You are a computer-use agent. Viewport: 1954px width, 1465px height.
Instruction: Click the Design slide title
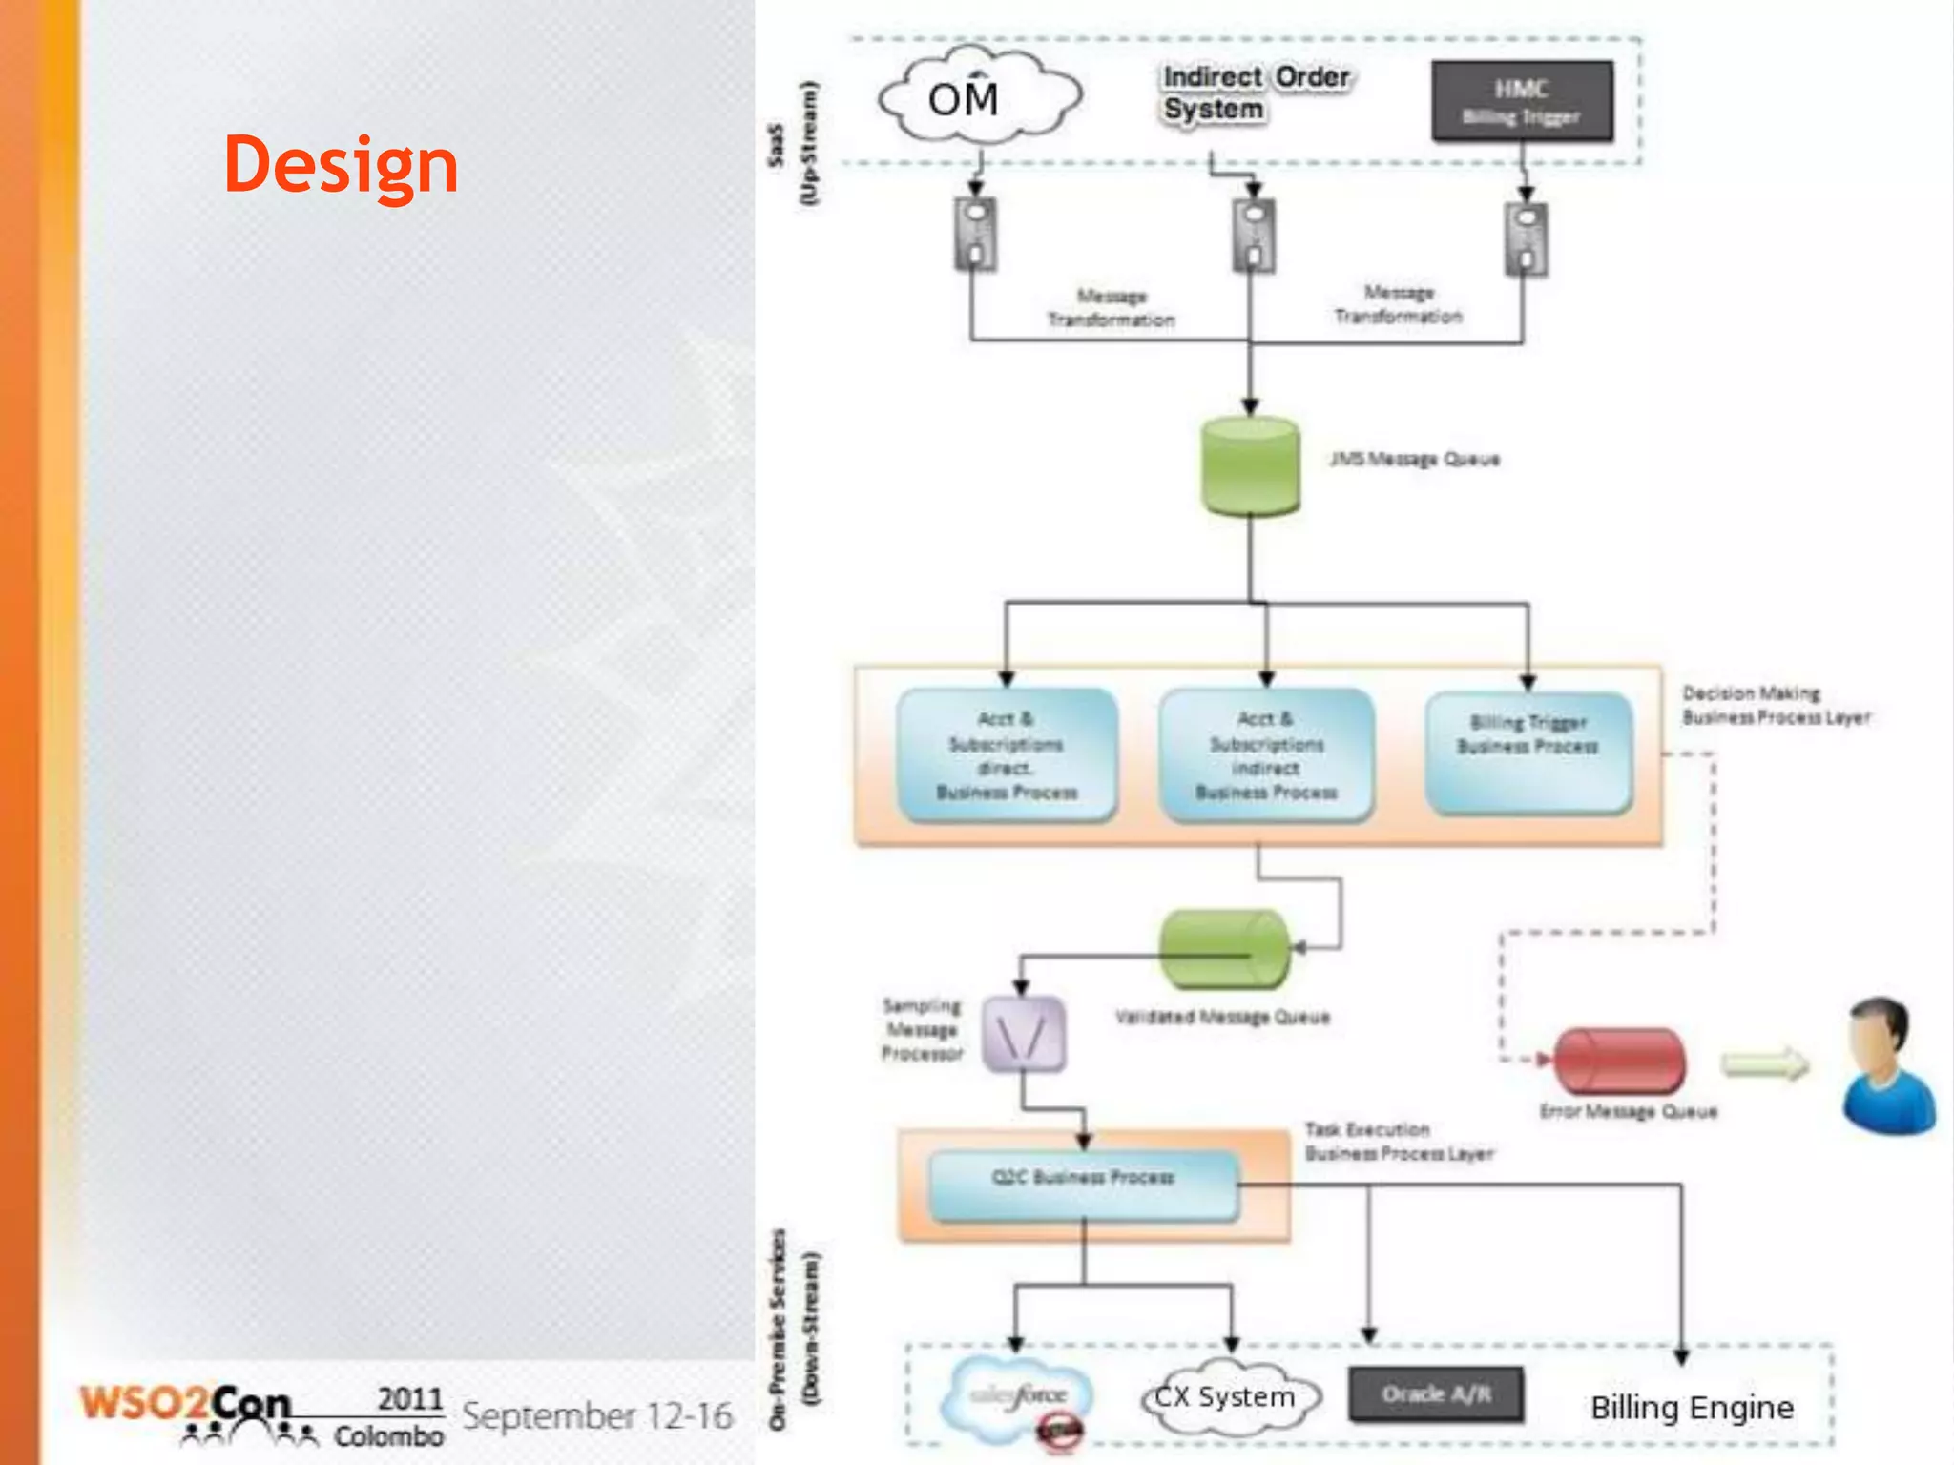[x=341, y=164]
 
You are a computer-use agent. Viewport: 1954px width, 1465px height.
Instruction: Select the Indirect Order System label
[x=1255, y=93]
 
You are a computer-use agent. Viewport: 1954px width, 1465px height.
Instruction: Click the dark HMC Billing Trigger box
[x=1522, y=101]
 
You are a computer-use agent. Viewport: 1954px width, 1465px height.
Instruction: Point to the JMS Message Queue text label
[x=1414, y=460]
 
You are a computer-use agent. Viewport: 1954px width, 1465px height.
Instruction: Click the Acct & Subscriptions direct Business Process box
[x=1007, y=754]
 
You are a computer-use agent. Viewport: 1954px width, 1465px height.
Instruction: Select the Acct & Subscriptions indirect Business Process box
[x=1266, y=754]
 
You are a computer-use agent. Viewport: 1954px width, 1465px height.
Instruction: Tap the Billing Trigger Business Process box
[x=1528, y=753]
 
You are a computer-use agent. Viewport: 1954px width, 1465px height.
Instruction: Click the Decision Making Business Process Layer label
[x=1775, y=706]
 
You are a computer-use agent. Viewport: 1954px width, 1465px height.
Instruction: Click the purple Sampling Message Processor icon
[x=1024, y=1034]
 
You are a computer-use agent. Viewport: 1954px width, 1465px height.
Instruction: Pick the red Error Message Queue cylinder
[x=1619, y=1061]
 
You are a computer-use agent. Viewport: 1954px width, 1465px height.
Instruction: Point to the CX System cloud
[x=1230, y=1398]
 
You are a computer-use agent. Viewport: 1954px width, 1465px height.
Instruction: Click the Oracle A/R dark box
[x=1435, y=1394]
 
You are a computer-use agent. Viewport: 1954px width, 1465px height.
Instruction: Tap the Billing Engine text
[x=1692, y=1408]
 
